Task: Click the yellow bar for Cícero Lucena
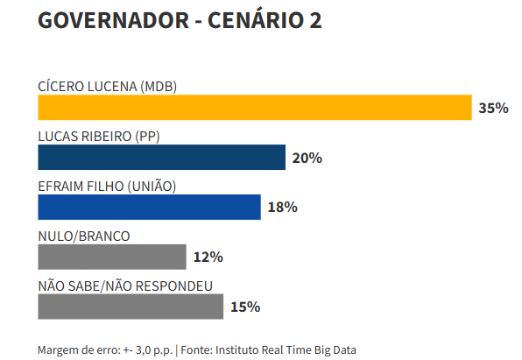point(255,107)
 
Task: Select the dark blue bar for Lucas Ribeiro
point(162,157)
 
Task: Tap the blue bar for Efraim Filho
point(149,207)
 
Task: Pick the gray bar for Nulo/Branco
point(112,257)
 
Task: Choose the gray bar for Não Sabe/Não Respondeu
point(130,307)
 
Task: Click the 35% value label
point(494,108)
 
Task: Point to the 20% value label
point(307,158)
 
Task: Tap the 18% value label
point(283,208)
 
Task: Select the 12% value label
point(208,258)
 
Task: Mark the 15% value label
point(245,307)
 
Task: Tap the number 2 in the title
point(314,21)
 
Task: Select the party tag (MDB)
point(159,86)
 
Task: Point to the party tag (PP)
point(148,136)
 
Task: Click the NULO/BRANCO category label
point(84,236)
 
